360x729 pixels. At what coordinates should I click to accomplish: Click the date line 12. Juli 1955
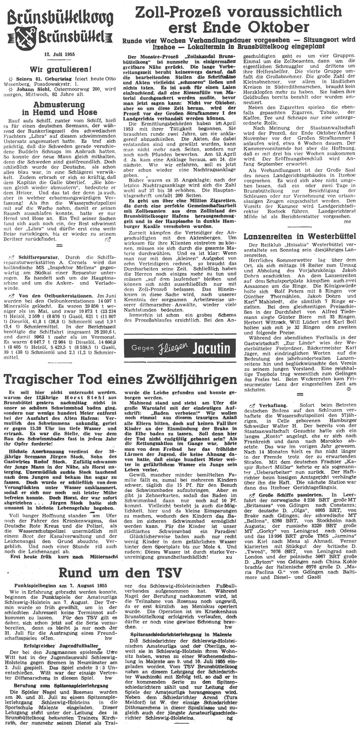(59, 55)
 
